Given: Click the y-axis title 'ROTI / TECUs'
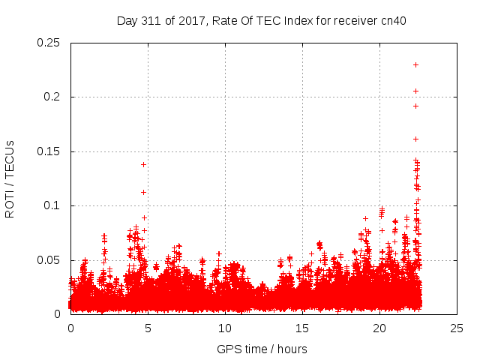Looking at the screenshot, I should tap(10, 178).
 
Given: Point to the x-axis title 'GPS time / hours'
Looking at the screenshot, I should tap(262, 349).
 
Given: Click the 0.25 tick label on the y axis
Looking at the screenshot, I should tap(49, 43).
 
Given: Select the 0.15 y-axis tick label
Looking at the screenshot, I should tap(49, 151).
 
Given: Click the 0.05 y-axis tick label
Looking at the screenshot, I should tap(49, 260).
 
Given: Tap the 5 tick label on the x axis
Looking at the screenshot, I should tap(148, 328).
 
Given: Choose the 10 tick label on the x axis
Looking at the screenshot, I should tap(225, 328).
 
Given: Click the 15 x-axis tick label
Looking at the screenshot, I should tap(302, 328).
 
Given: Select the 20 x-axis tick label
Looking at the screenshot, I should tap(380, 328).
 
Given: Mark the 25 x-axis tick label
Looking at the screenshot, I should tap(457, 328).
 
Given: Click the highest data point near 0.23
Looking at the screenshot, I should tap(415, 64).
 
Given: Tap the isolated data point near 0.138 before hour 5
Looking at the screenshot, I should tap(143, 164).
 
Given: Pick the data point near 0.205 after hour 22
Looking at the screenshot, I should tap(415, 91).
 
